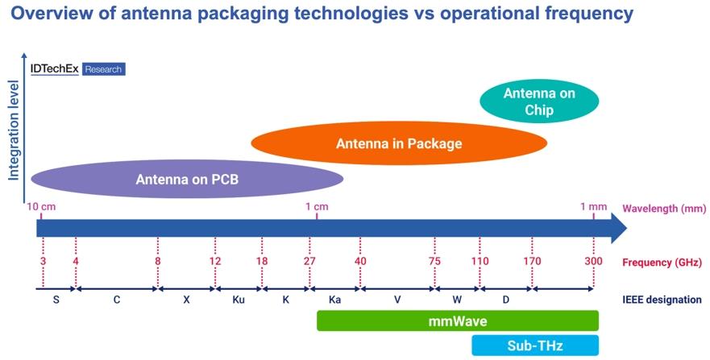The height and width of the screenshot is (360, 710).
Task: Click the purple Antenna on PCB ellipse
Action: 187,178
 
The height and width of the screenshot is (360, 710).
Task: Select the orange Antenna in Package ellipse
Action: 399,144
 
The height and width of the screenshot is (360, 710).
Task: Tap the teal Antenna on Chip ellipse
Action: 539,102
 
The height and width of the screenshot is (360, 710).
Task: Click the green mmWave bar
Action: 457,321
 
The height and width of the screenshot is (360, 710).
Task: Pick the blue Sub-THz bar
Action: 534,346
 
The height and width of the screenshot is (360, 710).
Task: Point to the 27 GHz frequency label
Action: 310,262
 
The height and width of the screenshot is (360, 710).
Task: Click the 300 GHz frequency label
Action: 593,262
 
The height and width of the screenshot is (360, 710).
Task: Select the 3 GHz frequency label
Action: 42,262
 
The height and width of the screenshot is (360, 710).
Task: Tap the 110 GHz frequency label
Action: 480,262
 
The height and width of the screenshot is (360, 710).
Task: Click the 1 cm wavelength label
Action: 317,206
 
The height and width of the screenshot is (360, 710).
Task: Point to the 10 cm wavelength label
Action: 42,206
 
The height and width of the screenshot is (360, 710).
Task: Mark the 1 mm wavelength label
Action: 593,206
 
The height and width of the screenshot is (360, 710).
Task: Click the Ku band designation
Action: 239,300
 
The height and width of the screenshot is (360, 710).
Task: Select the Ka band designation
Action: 334,300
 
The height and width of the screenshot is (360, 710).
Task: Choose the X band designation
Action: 186,300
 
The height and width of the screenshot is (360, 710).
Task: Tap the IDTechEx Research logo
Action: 77,69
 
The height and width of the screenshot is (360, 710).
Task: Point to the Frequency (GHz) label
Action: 662,262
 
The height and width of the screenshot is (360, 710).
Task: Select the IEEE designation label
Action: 661,300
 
